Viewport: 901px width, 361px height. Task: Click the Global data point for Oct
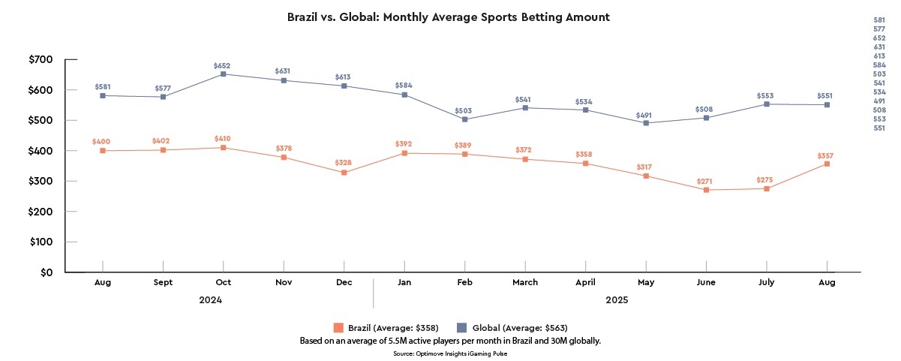point(223,74)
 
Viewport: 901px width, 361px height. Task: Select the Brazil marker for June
point(706,190)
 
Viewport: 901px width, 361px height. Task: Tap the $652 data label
point(222,66)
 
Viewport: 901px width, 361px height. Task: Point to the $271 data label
point(706,182)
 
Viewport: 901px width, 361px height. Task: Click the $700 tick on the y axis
point(41,59)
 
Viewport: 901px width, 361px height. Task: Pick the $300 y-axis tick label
point(41,182)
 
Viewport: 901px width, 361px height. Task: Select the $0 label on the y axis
point(47,272)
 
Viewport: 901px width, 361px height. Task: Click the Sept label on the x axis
point(163,282)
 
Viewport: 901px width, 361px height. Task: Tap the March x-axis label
point(525,282)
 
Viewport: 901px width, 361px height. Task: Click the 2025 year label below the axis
point(616,299)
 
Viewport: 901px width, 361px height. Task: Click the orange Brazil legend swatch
point(338,327)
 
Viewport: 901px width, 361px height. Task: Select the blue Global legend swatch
point(461,327)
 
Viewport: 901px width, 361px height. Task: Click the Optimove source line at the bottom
point(450,353)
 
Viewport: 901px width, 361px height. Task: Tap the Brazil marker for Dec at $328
point(344,173)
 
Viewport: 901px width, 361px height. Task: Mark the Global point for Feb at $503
point(464,119)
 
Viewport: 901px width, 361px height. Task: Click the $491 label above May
point(645,115)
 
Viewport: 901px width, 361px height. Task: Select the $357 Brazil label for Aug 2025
point(827,155)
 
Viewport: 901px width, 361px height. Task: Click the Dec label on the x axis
point(344,282)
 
